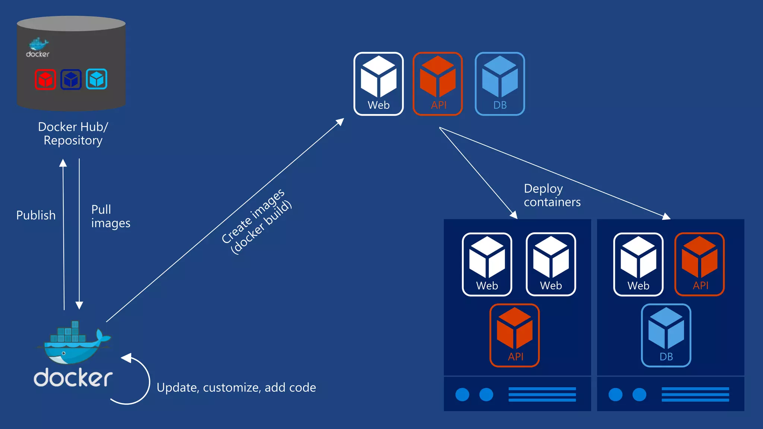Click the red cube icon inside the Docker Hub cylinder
click(x=45, y=79)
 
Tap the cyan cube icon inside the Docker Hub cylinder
click(x=96, y=79)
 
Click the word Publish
click(x=36, y=215)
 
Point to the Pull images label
click(x=110, y=216)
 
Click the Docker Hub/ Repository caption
click(x=73, y=134)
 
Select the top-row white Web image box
click(x=379, y=84)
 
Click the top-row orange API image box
click(x=438, y=84)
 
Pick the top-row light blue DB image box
click(x=500, y=84)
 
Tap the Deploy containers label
click(x=552, y=195)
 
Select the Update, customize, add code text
click(x=236, y=388)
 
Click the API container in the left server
click(x=515, y=335)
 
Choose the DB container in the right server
click(x=666, y=335)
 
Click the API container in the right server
click(x=699, y=264)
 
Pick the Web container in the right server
click(x=638, y=264)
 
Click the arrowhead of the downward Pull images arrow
click(x=79, y=305)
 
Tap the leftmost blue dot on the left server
click(x=462, y=394)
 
